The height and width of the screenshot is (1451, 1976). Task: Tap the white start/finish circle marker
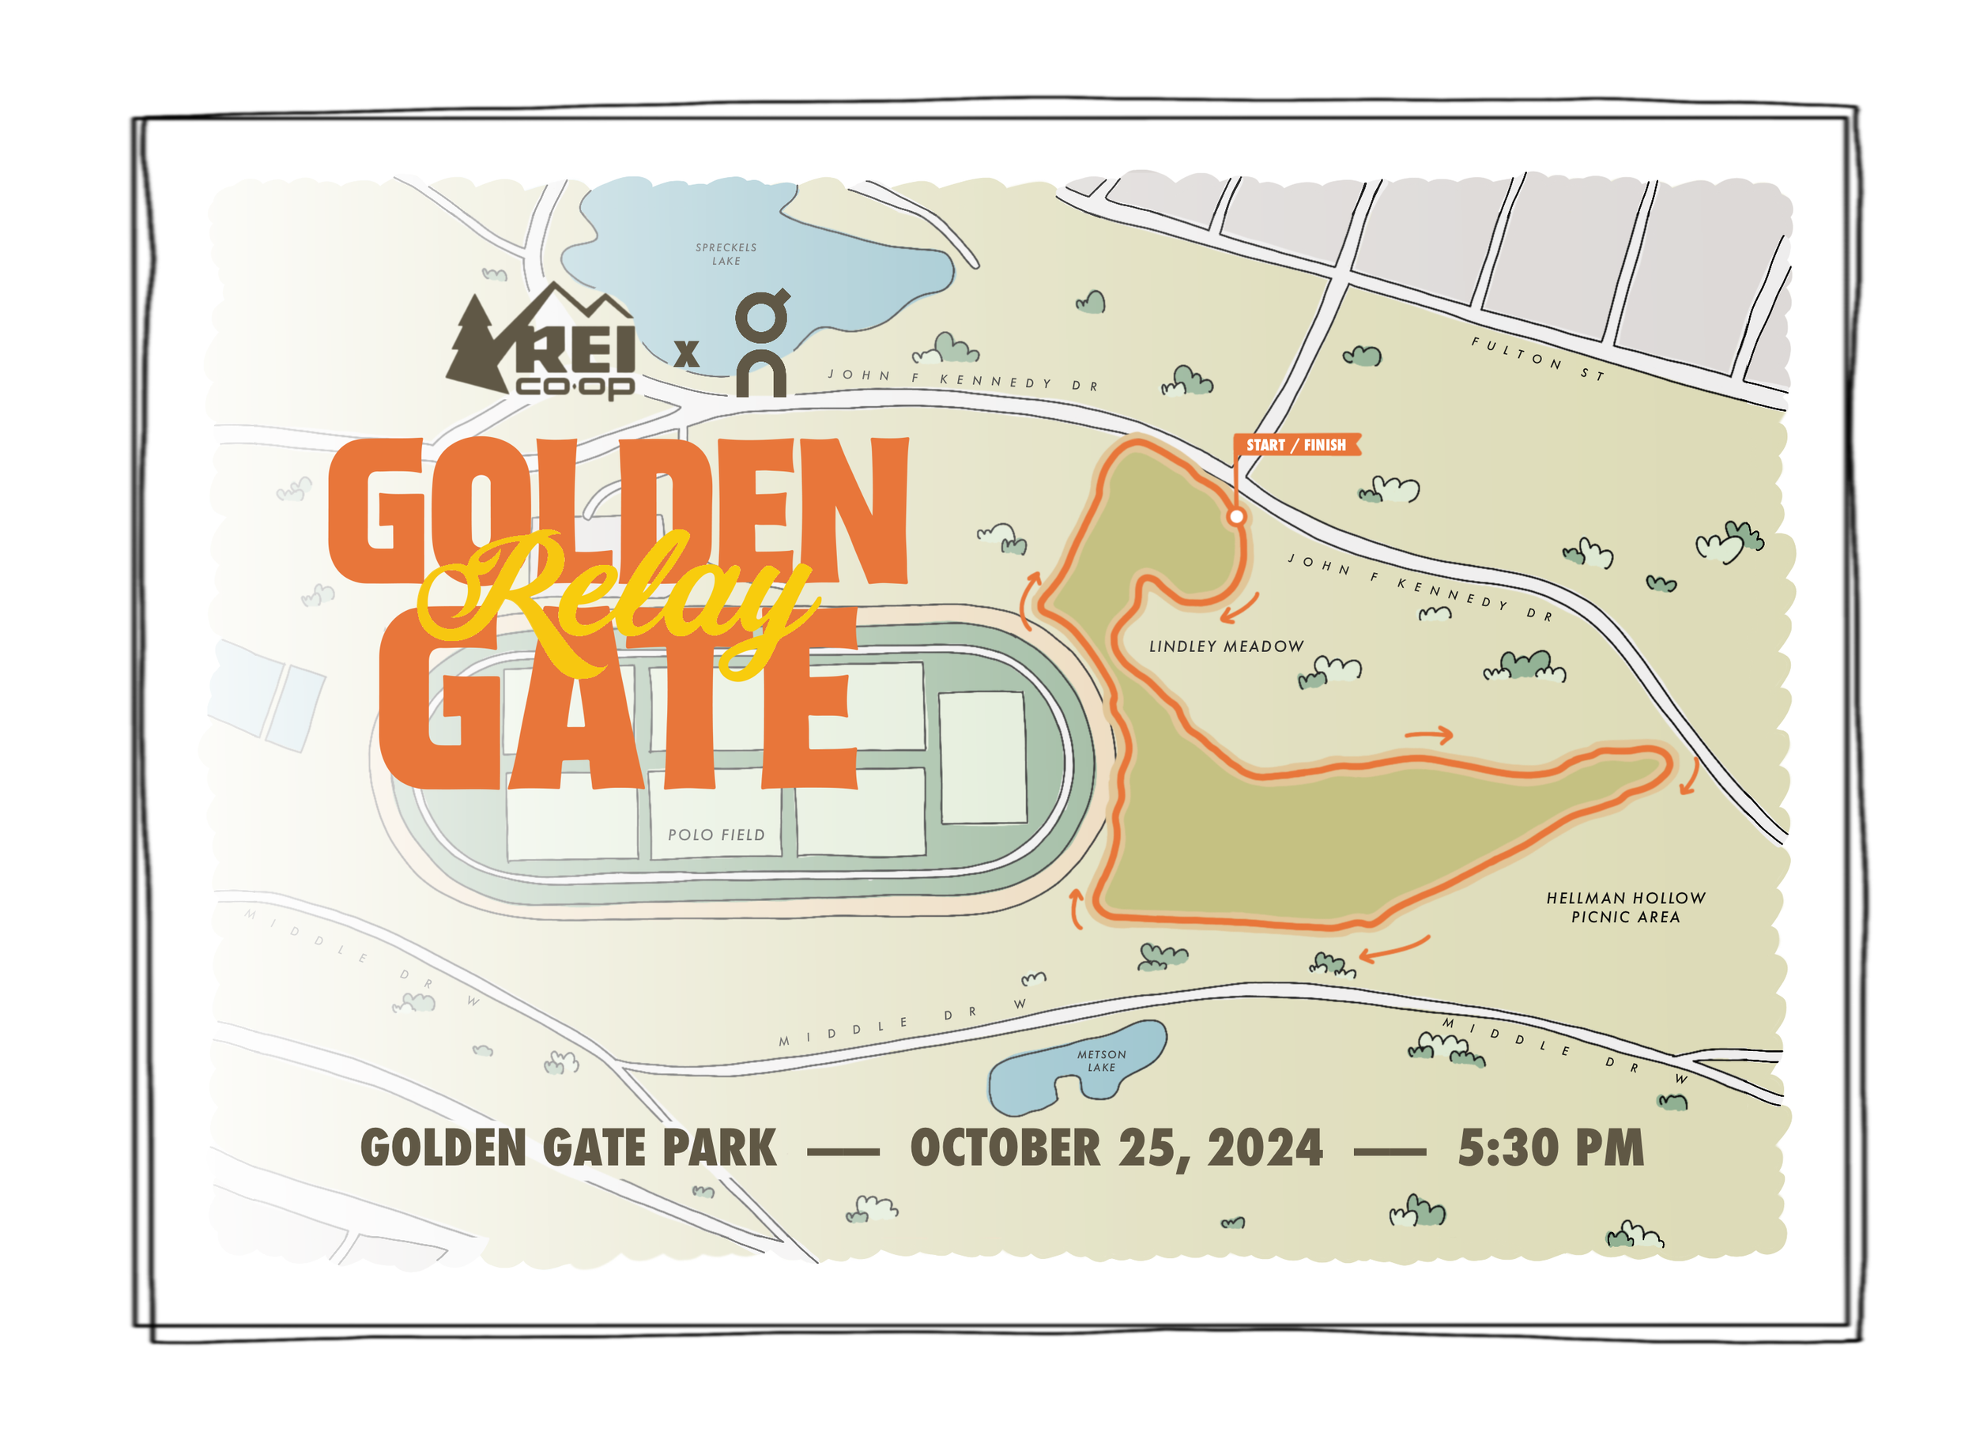pos(1235,516)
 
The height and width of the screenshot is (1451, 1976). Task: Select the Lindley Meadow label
pos(1226,646)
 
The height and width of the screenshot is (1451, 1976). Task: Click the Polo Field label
pos(716,835)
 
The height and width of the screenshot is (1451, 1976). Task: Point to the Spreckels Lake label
pos(726,254)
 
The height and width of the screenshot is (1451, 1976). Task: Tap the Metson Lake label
pos(1101,1060)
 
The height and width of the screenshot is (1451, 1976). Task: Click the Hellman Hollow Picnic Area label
pos(1625,907)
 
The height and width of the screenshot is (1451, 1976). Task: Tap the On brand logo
pos(760,342)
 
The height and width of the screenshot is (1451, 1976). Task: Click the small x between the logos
pos(686,353)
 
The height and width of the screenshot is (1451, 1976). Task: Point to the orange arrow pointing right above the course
pos(1429,734)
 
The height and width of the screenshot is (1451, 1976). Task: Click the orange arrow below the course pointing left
pos(1393,948)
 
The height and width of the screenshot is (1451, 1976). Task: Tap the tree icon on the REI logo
pos(474,347)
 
